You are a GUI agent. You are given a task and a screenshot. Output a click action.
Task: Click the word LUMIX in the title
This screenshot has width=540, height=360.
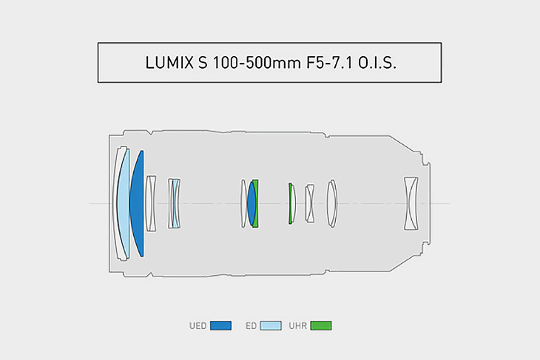click(x=169, y=63)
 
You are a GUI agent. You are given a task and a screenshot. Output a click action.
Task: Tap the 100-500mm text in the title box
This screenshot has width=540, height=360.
click(x=256, y=63)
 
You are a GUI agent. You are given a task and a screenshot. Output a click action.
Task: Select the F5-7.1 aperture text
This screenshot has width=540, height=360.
click(x=330, y=63)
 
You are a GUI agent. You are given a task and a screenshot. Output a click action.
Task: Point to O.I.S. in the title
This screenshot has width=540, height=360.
click(x=377, y=63)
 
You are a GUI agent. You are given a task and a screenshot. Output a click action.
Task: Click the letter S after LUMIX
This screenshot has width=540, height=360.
click(x=203, y=63)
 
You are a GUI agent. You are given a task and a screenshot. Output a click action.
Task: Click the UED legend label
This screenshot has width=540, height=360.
click(x=198, y=325)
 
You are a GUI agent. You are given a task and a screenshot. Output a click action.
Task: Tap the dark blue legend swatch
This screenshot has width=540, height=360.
click(x=220, y=325)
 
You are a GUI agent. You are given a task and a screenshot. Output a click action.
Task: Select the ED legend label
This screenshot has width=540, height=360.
click(x=251, y=325)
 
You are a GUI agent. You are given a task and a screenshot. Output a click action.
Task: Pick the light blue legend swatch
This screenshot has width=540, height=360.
click(x=271, y=325)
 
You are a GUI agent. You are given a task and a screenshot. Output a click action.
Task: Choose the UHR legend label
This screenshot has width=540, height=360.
click(x=298, y=325)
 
